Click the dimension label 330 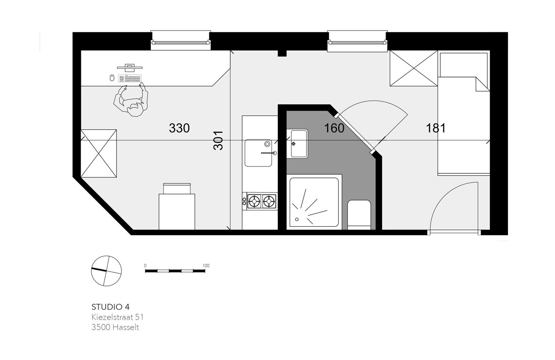179,128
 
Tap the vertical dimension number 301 218,140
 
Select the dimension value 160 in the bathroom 334,128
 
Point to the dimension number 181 436,128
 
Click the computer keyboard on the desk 130,78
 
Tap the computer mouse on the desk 112,78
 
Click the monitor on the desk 130,66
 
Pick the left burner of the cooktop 254,201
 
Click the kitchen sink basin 258,153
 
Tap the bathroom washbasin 299,144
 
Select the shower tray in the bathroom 314,202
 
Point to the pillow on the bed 463,65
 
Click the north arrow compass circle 106,271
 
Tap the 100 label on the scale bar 206,266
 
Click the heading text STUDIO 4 111,307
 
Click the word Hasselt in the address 126,327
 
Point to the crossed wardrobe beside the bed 414,68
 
